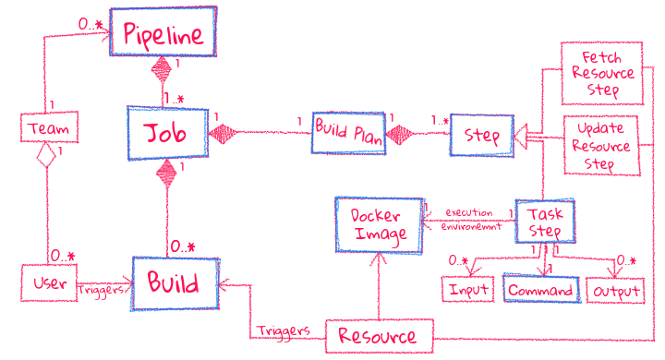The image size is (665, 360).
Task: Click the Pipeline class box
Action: point(163,34)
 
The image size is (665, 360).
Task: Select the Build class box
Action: point(175,282)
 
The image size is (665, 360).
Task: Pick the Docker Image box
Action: point(378,223)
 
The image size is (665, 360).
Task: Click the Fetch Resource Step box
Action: point(601,72)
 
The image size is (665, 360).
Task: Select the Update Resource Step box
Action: point(601,145)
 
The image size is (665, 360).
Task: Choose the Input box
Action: point(469,290)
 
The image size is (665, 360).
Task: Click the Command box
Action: point(541,290)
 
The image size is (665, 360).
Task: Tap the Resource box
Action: point(379,336)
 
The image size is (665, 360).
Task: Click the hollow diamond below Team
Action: point(46,160)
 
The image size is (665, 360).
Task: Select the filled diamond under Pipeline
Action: point(163,69)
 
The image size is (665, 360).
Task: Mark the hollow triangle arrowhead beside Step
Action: point(520,137)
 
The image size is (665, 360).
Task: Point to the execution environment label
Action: point(468,219)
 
